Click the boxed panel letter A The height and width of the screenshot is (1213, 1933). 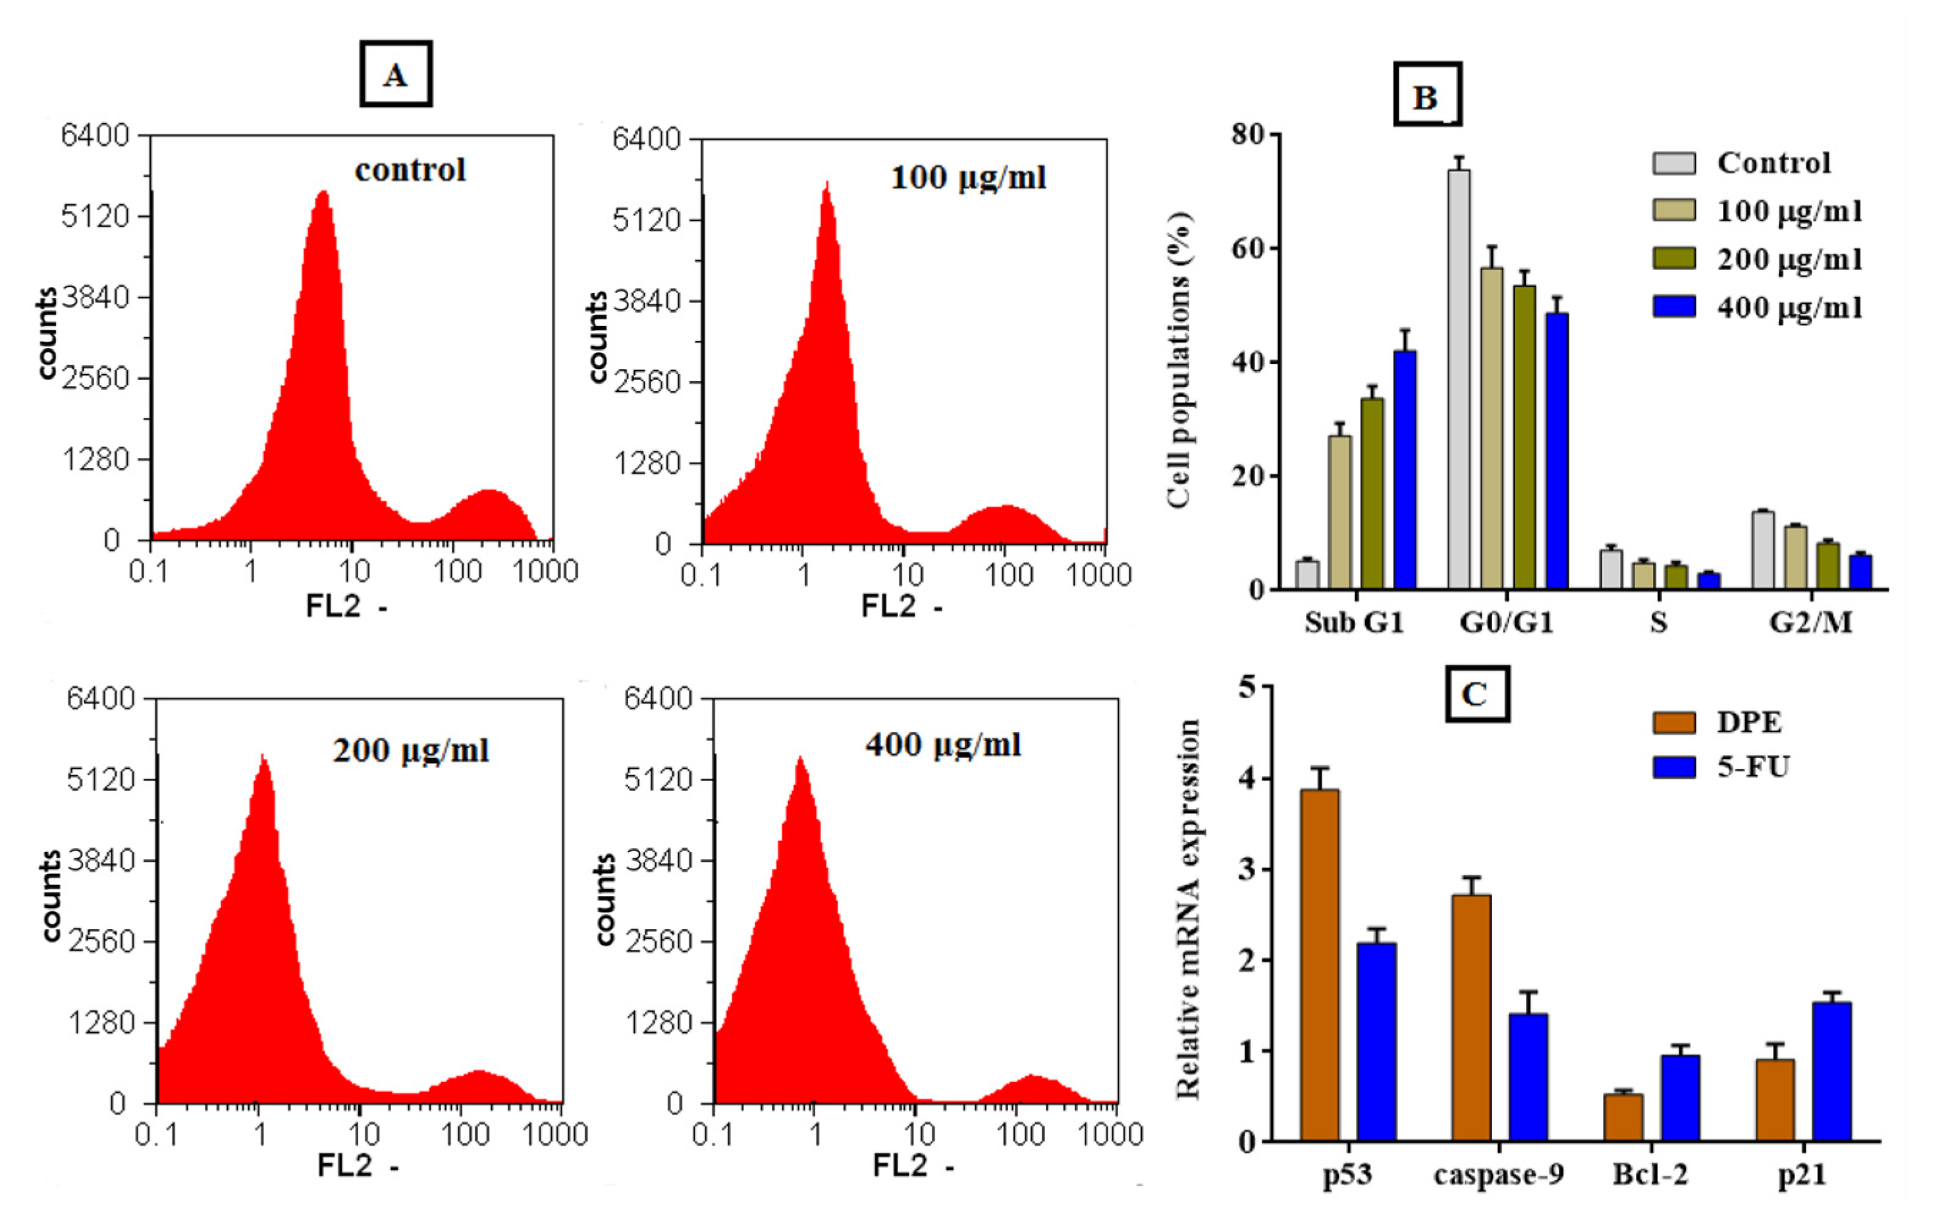pyautogui.click(x=395, y=75)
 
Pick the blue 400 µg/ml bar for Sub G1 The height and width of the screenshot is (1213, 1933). pyautogui.click(x=1404, y=469)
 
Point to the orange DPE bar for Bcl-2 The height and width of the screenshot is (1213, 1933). pyautogui.click(x=1623, y=1116)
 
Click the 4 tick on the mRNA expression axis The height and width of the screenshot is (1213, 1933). pyautogui.click(x=1246, y=779)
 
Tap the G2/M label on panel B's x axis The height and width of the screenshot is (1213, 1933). pyautogui.click(x=1810, y=622)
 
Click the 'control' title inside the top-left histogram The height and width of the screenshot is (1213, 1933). pyautogui.click(x=410, y=170)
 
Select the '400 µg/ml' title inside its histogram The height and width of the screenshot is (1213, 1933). pyautogui.click(x=942, y=745)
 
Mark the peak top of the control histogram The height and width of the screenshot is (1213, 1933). pyautogui.click(x=323, y=192)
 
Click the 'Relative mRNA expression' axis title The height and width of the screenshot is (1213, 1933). pyautogui.click(x=1188, y=909)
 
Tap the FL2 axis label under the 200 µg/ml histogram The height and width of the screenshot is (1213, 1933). pyautogui.click(x=346, y=1165)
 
